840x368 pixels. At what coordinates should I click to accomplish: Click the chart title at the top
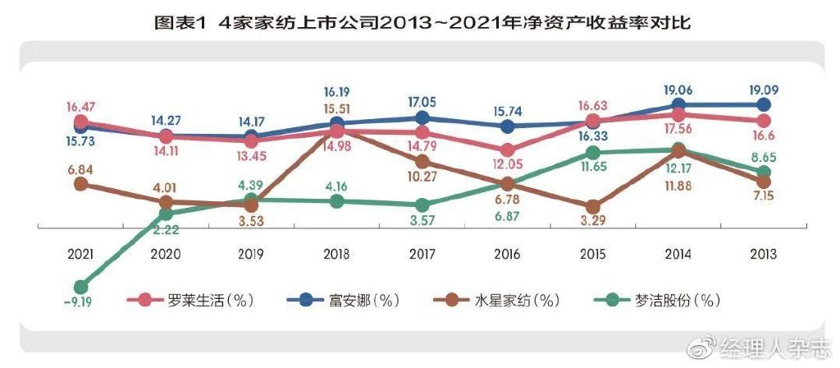[x=420, y=22]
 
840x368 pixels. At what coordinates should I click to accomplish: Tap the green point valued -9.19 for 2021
[x=80, y=287]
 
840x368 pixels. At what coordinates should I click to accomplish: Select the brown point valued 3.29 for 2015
[x=593, y=207]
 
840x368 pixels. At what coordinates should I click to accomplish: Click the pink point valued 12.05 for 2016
[x=508, y=150]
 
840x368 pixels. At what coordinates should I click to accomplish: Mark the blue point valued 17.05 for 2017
[x=422, y=118]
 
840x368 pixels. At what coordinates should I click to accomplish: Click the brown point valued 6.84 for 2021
[x=80, y=184]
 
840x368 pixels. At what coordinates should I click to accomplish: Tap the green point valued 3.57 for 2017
[x=422, y=205]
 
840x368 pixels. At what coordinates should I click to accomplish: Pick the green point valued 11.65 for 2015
[x=593, y=153]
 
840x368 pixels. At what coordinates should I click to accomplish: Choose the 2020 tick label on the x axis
[x=166, y=255]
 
